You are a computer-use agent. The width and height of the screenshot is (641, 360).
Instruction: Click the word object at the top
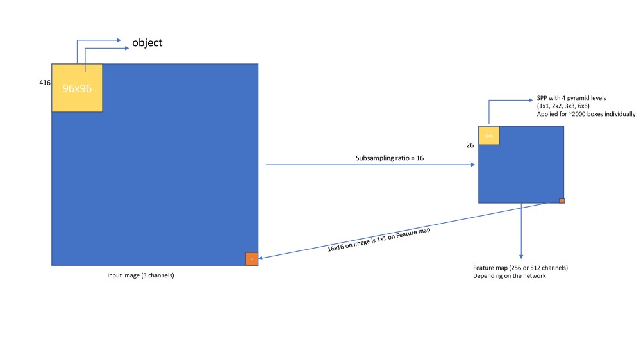147,44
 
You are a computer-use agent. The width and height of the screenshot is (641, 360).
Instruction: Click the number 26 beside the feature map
470,145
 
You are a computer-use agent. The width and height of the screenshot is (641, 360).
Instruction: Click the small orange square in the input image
251,259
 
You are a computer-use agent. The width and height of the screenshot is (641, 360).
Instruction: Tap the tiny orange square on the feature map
562,200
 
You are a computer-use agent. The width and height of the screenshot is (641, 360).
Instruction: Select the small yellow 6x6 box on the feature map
488,136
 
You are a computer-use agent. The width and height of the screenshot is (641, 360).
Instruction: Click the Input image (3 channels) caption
140,275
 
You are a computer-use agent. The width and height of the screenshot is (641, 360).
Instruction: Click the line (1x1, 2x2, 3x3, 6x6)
563,106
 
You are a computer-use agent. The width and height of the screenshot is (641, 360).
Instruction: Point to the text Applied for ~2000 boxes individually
586,114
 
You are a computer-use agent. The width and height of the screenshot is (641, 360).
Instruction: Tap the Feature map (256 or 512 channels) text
520,267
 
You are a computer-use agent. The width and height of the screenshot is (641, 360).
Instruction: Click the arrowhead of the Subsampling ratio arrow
473,165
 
